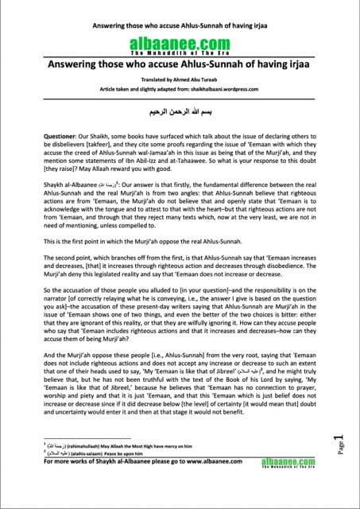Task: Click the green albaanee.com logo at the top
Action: (180, 45)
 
